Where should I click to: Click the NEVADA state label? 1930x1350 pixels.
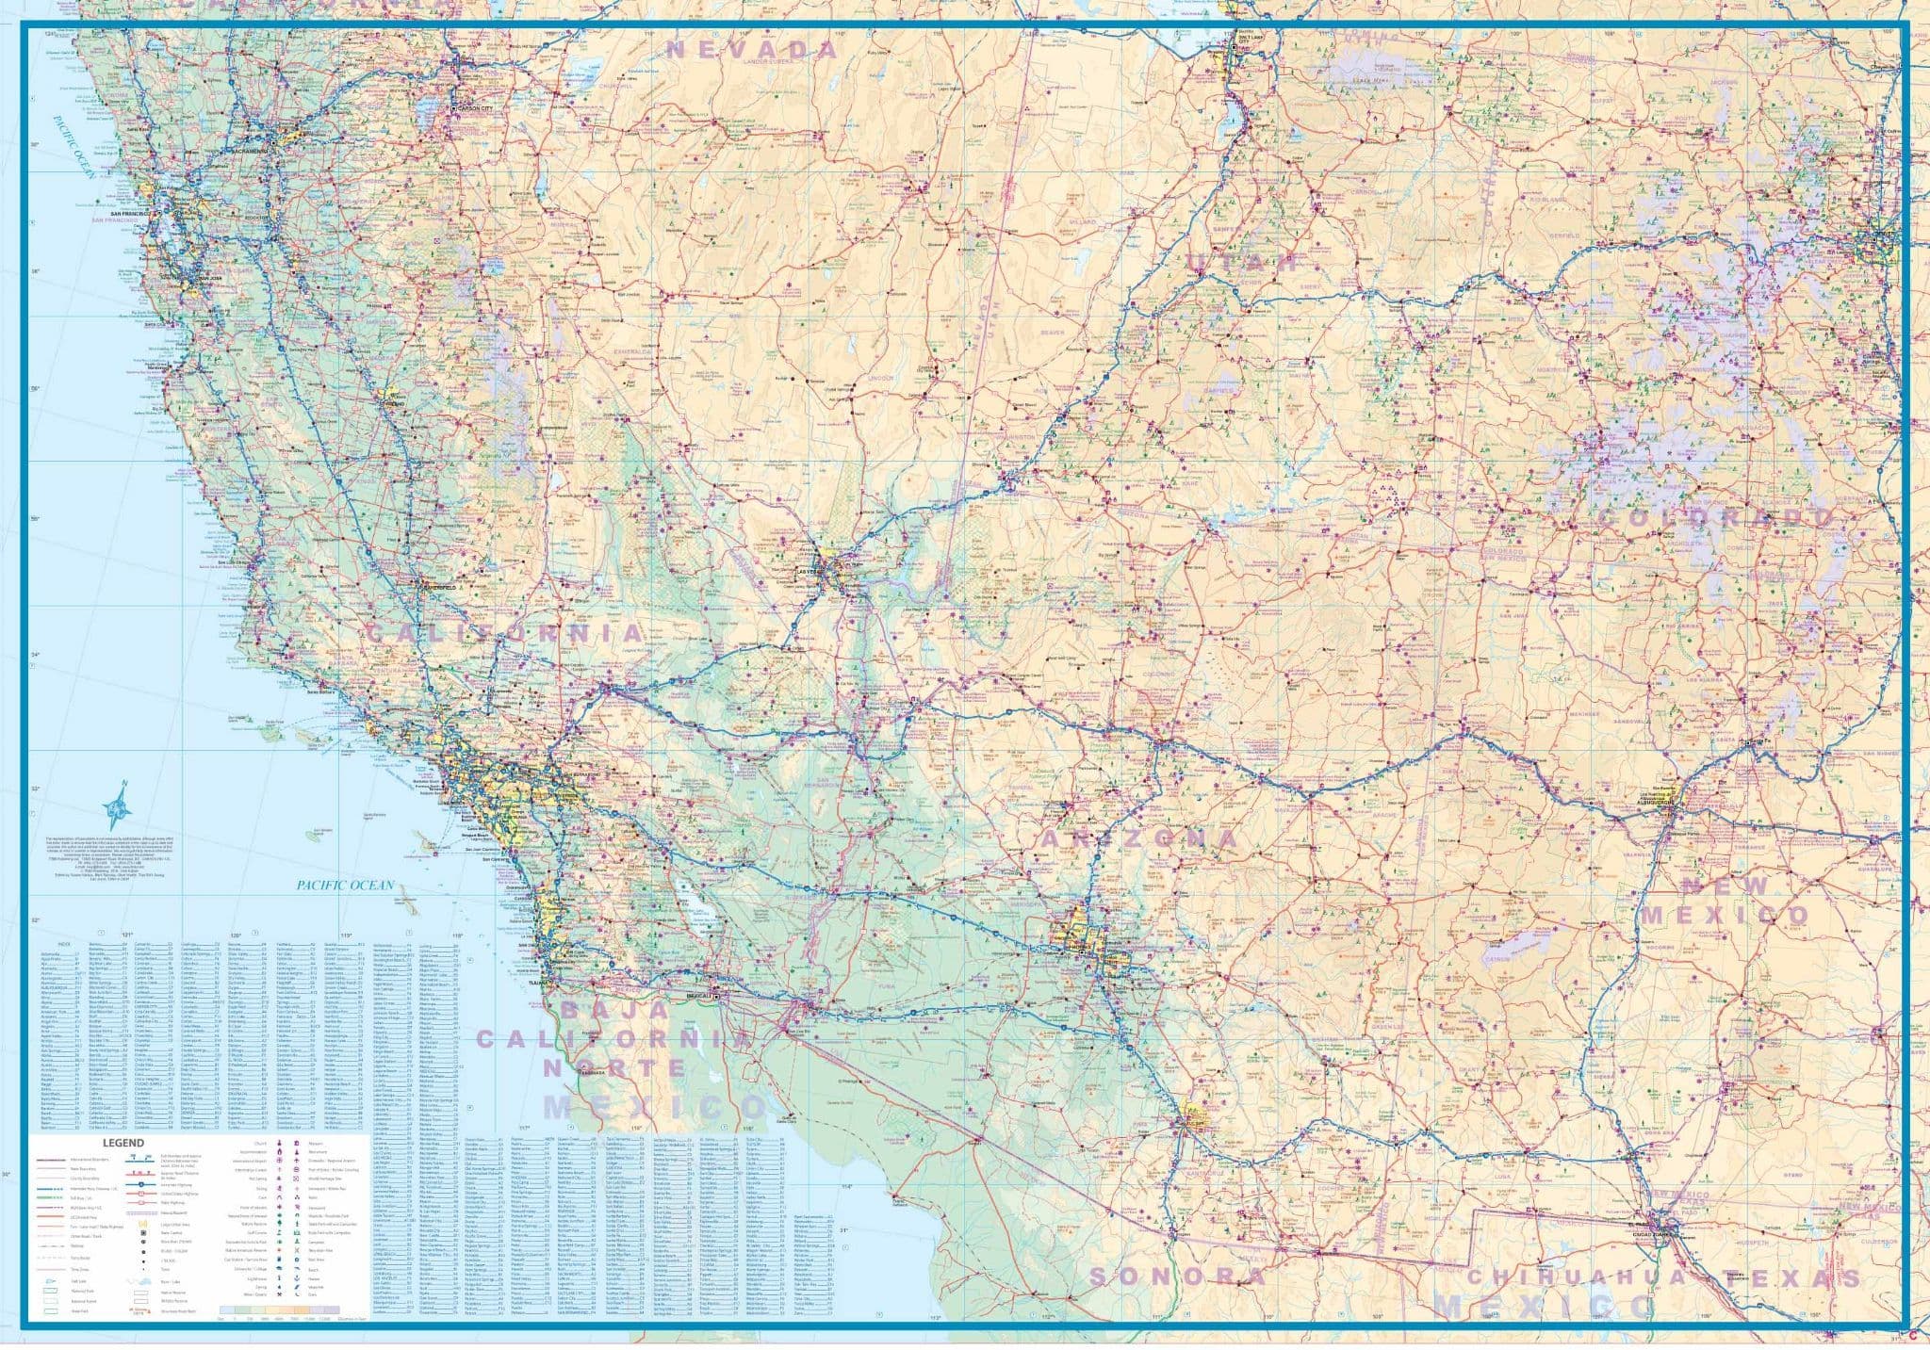point(752,50)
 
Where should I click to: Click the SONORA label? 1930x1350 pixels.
point(1177,1277)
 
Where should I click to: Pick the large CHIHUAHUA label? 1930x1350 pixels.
point(1592,1277)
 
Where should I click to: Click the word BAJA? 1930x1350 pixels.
point(614,1010)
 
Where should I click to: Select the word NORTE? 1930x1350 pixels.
point(614,1067)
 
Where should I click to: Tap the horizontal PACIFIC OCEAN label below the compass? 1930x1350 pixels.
point(345,886)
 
